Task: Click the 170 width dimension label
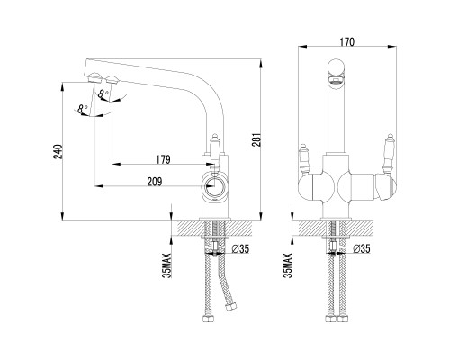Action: pos(347,42)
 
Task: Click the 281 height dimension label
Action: pos(258,139)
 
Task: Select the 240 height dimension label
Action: pos(58,152)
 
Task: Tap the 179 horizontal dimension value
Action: pos(163,159)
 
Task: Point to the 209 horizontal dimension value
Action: pos(155,182)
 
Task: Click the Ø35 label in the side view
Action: pos(240,248)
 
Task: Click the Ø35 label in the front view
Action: pos(362,248)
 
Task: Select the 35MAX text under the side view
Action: pos(167,265)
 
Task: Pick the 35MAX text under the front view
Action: pos(288,265)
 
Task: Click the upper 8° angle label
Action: pos(104,94)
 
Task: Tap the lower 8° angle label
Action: pos(82,109)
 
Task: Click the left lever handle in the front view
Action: pos(304,159)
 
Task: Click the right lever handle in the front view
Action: pos(389,154)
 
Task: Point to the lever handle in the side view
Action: pos(214,149)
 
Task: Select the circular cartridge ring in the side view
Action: pos(214,187)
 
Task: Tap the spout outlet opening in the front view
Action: pos(336,79)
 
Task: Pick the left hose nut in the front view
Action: pos(330,319)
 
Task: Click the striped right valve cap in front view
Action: pos(386,188)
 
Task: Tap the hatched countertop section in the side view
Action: pos(214,229)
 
